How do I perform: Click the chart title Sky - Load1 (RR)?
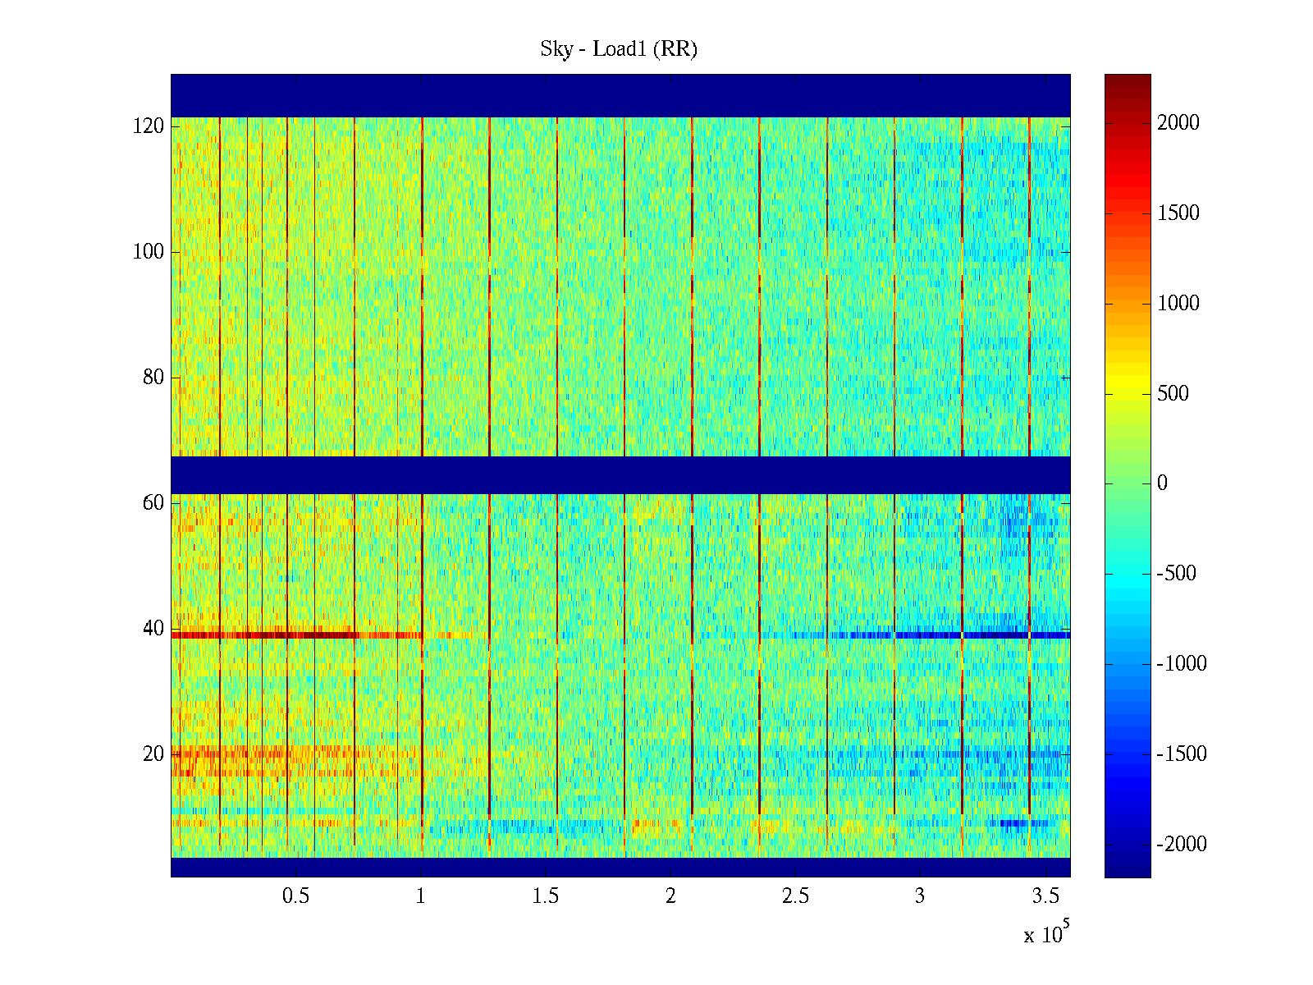(619, 49)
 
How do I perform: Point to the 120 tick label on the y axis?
(149, 126)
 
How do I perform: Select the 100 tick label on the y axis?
(149, 252)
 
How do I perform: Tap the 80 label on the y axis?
(153, 378)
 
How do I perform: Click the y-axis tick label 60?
(153, 503)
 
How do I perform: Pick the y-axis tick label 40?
(153, 629)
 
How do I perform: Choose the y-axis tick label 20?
(153, 754)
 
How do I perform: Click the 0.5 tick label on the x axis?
(295, 896)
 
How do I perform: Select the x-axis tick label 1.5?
(546, 896)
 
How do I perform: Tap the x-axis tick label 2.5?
(795, 896)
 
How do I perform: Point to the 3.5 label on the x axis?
(1045, 896)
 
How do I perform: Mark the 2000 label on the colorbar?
(1178, 123)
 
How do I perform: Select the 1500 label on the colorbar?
(1178, 213)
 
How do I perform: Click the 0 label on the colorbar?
(1162, 483)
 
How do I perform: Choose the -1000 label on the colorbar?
(1182, 664)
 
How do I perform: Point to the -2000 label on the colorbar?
(1182, 844)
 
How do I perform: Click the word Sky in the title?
(556, 49)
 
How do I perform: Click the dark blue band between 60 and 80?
(620, 474)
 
